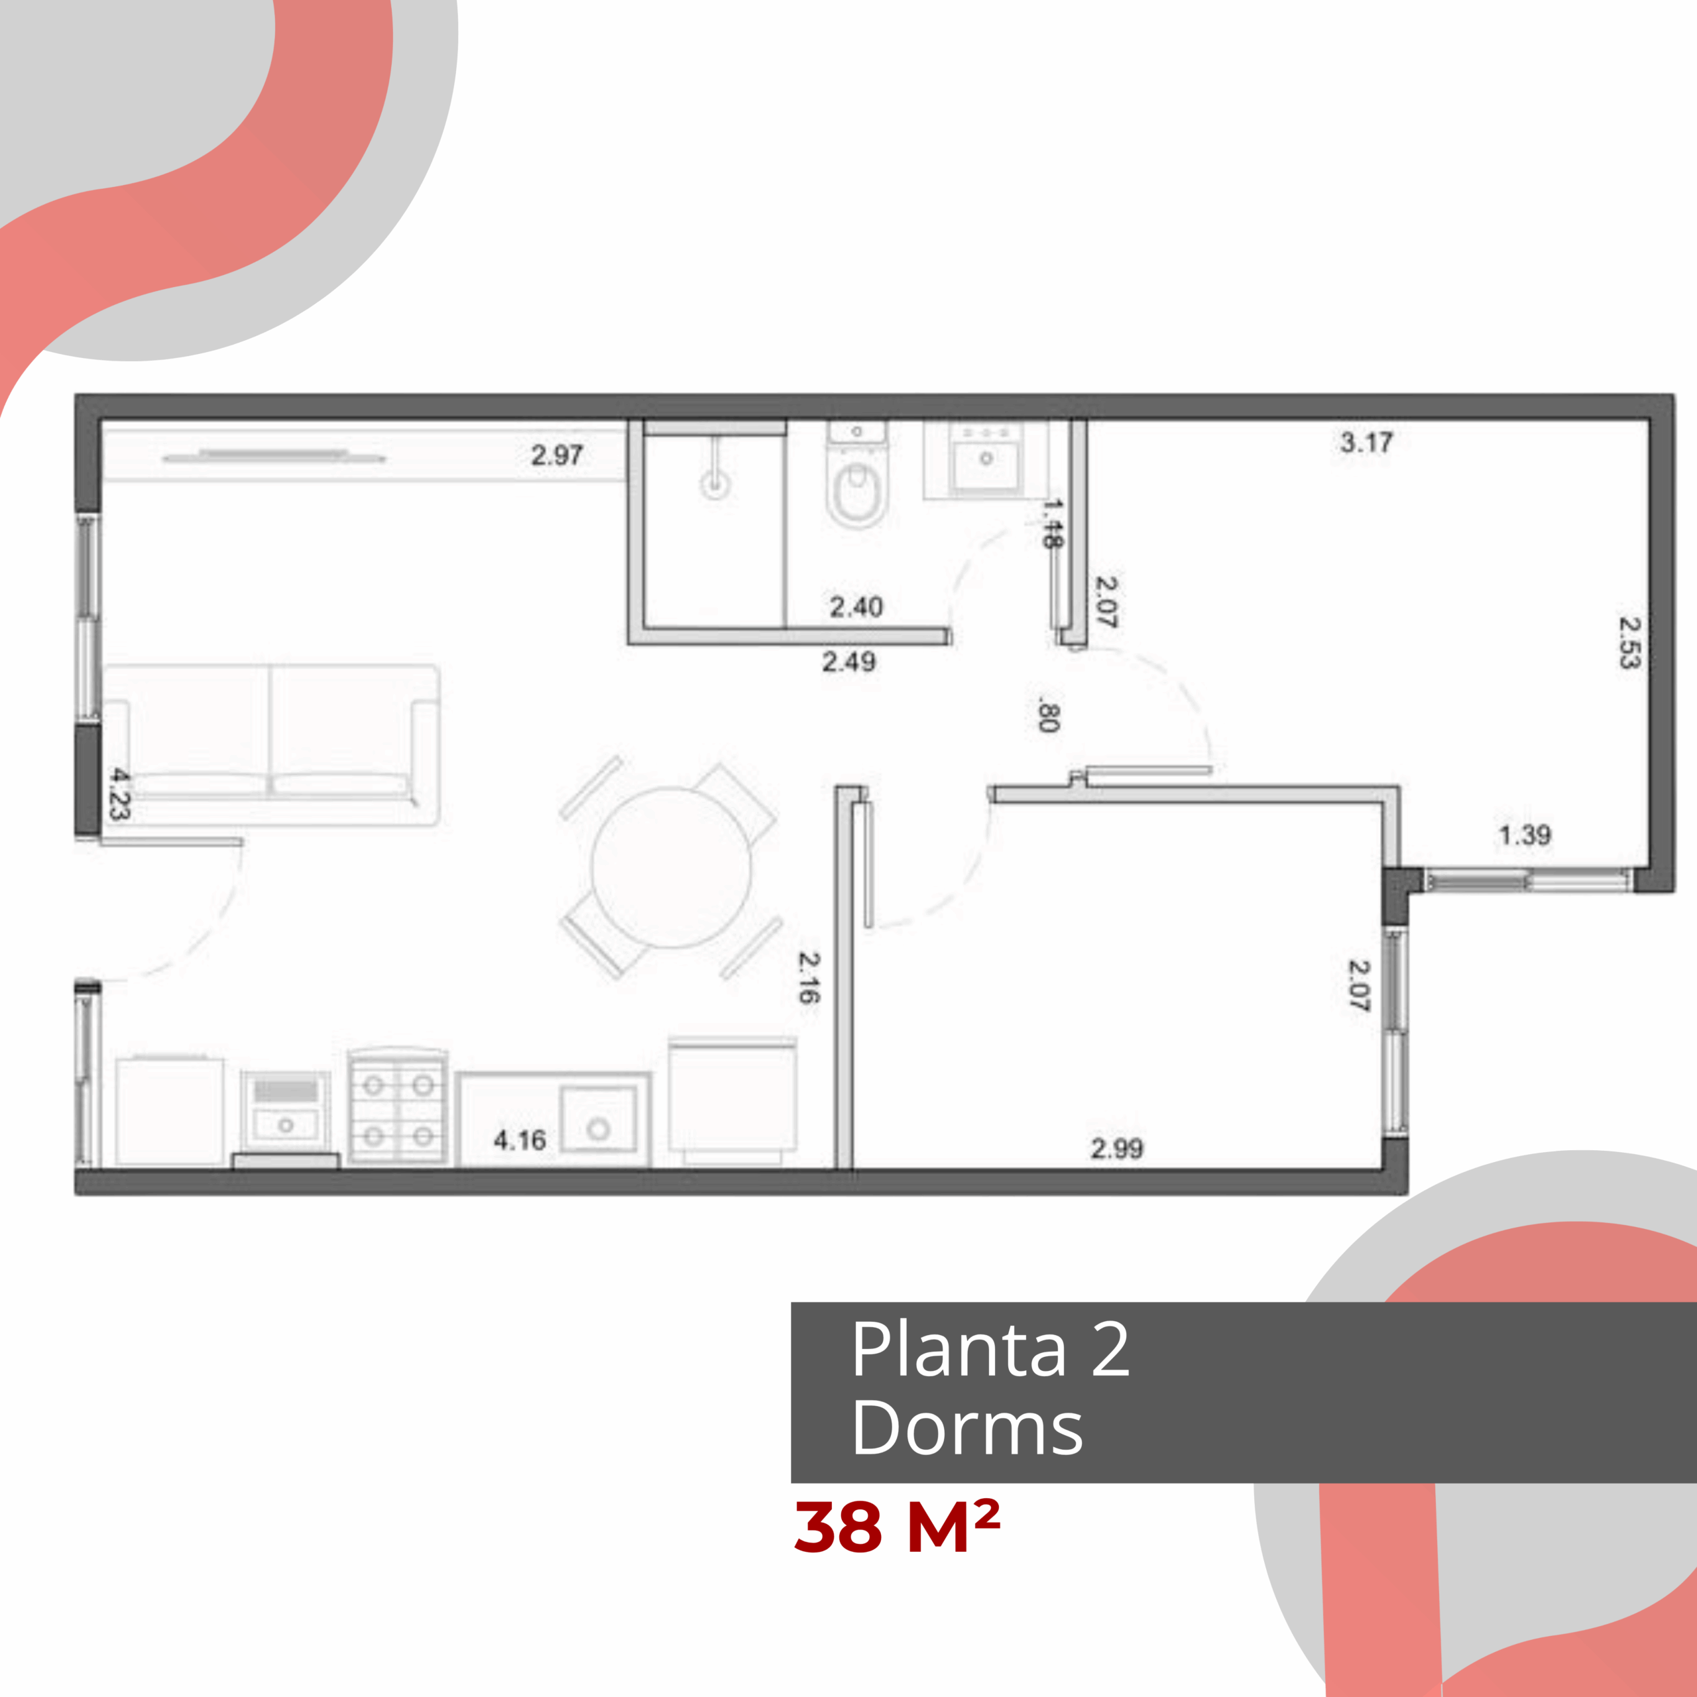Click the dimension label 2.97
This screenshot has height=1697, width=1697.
557,455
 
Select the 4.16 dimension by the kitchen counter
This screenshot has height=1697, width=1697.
519,1140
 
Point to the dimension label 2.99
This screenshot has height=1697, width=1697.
1116,1148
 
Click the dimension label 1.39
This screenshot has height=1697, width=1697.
1525,835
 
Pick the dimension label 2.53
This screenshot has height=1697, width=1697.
1629,642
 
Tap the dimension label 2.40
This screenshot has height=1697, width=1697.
856,606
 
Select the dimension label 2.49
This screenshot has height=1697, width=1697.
848,662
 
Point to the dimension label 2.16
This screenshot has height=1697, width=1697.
809,978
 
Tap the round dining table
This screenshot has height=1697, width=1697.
671,868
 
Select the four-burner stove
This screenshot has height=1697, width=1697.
398,1107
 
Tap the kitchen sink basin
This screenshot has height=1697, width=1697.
598,1118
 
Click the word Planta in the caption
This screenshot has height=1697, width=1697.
959,1348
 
